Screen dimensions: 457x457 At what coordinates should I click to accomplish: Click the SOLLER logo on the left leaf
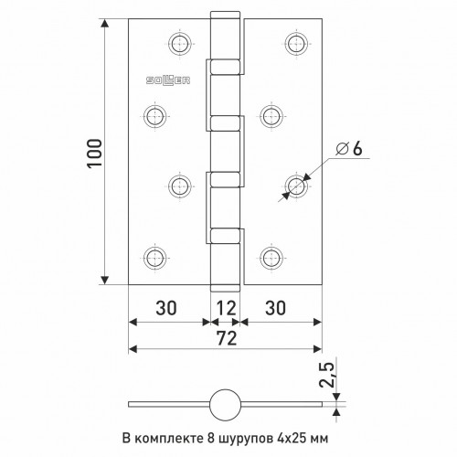tap(168, 80)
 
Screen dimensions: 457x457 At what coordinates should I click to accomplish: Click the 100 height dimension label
tap(94, 153)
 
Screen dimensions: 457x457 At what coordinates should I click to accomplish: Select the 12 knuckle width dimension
tap(226, 308)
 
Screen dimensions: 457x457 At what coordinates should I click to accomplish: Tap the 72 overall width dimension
tap(227, 338)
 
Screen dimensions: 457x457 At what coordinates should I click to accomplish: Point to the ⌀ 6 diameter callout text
tap(349, 149)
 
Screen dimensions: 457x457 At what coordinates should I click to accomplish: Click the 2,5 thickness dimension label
tap(326, 375)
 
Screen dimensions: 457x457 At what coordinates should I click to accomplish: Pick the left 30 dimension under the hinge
tap(166, 308)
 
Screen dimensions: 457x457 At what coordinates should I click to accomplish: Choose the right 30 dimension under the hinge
tap(275, 308)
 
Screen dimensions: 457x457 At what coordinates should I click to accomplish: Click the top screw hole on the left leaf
tap(180, 44)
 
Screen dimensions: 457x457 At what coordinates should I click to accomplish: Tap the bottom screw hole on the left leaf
tap(155, 259)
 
